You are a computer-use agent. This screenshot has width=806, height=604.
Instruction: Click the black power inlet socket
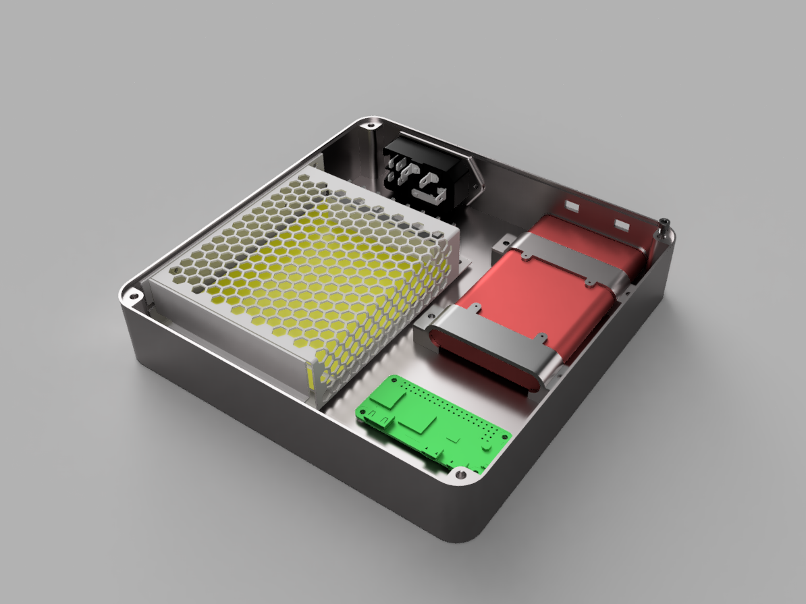[422, 174]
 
